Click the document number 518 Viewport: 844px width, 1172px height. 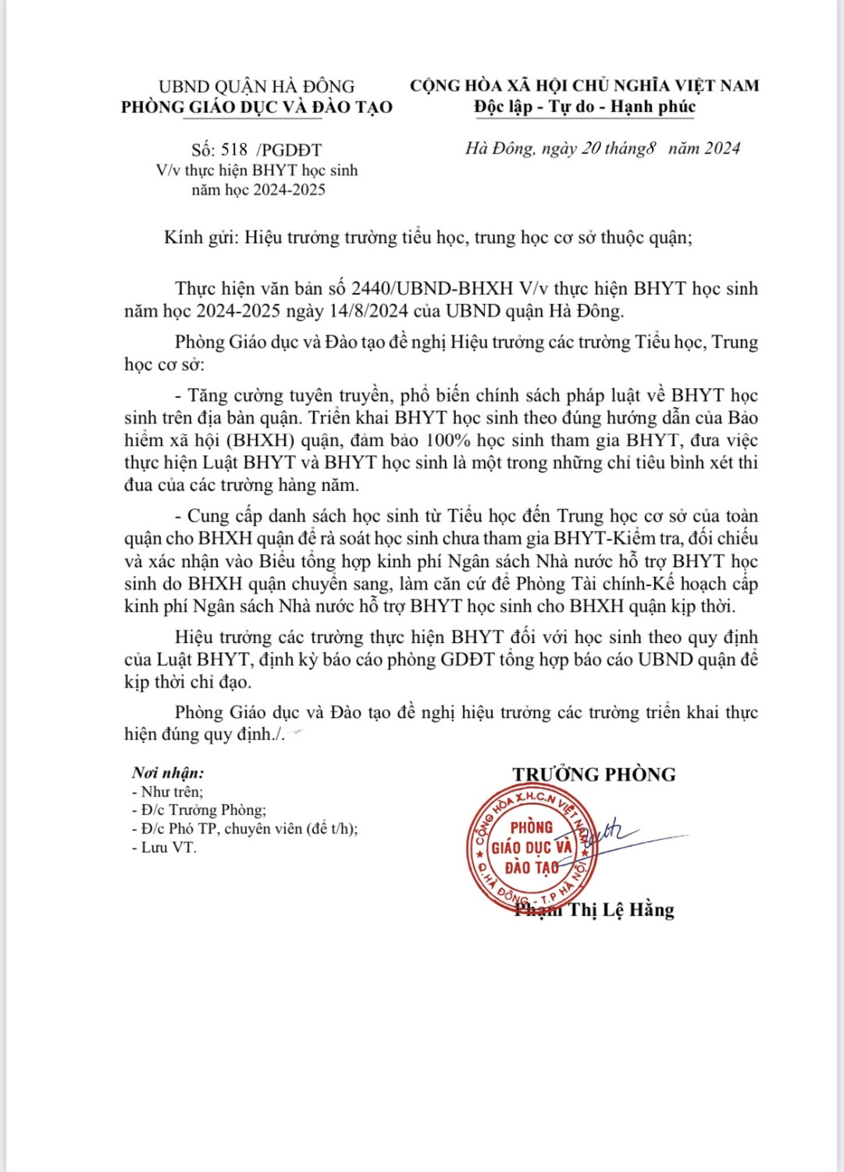234,150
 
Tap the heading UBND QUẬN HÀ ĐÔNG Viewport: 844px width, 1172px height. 256,87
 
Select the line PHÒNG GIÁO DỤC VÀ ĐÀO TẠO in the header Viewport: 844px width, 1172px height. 256,108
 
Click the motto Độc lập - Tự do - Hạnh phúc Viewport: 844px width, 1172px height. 584,107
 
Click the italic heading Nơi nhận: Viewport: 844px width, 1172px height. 168,773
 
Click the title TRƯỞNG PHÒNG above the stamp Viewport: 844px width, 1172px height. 594,774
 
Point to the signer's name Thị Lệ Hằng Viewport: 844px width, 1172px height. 621,910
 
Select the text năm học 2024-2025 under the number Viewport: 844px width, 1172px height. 258,190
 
